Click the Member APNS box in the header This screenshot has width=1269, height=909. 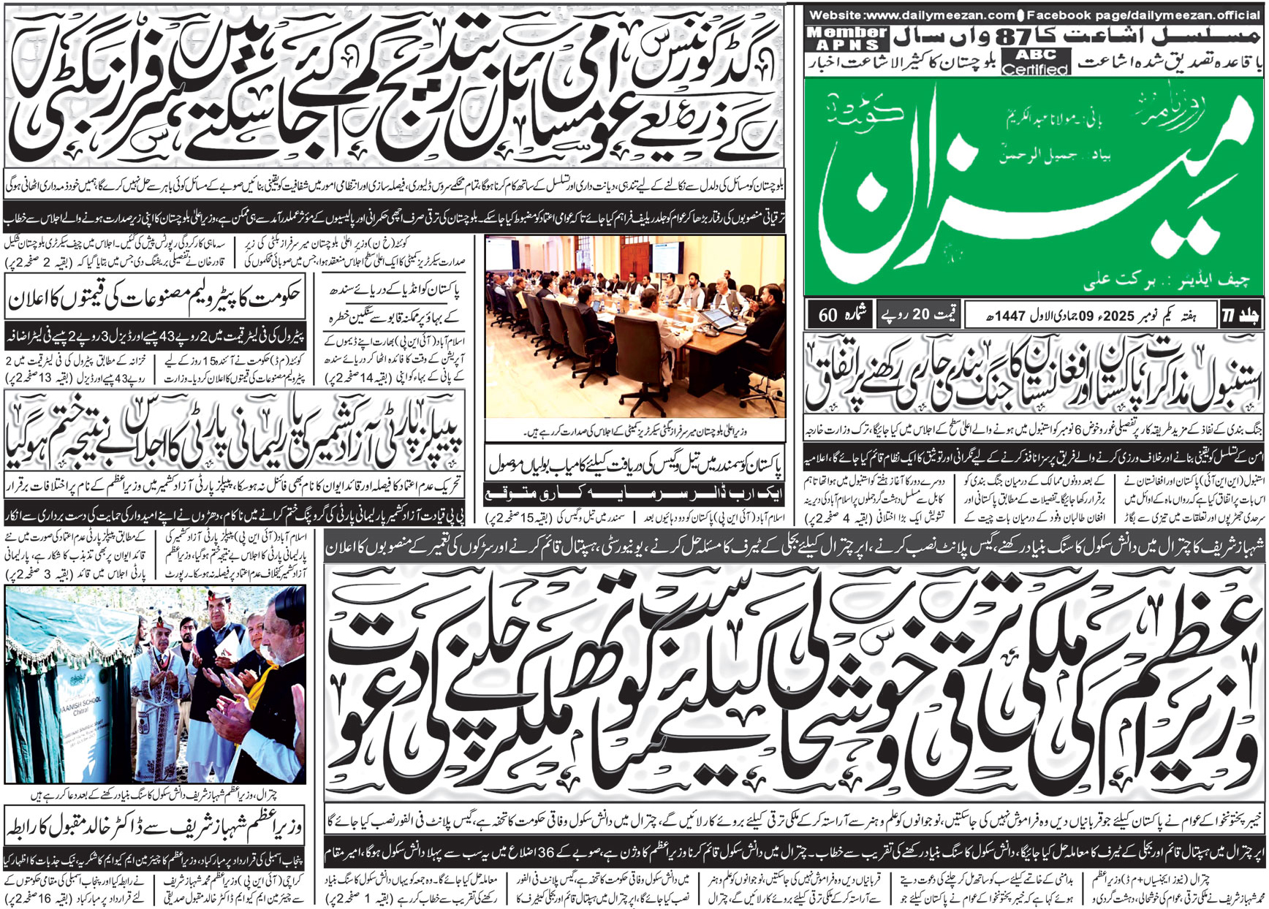tap(847, 38)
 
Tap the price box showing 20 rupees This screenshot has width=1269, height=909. tap(917, 315)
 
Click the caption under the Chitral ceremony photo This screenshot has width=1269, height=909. tap(155, 794)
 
